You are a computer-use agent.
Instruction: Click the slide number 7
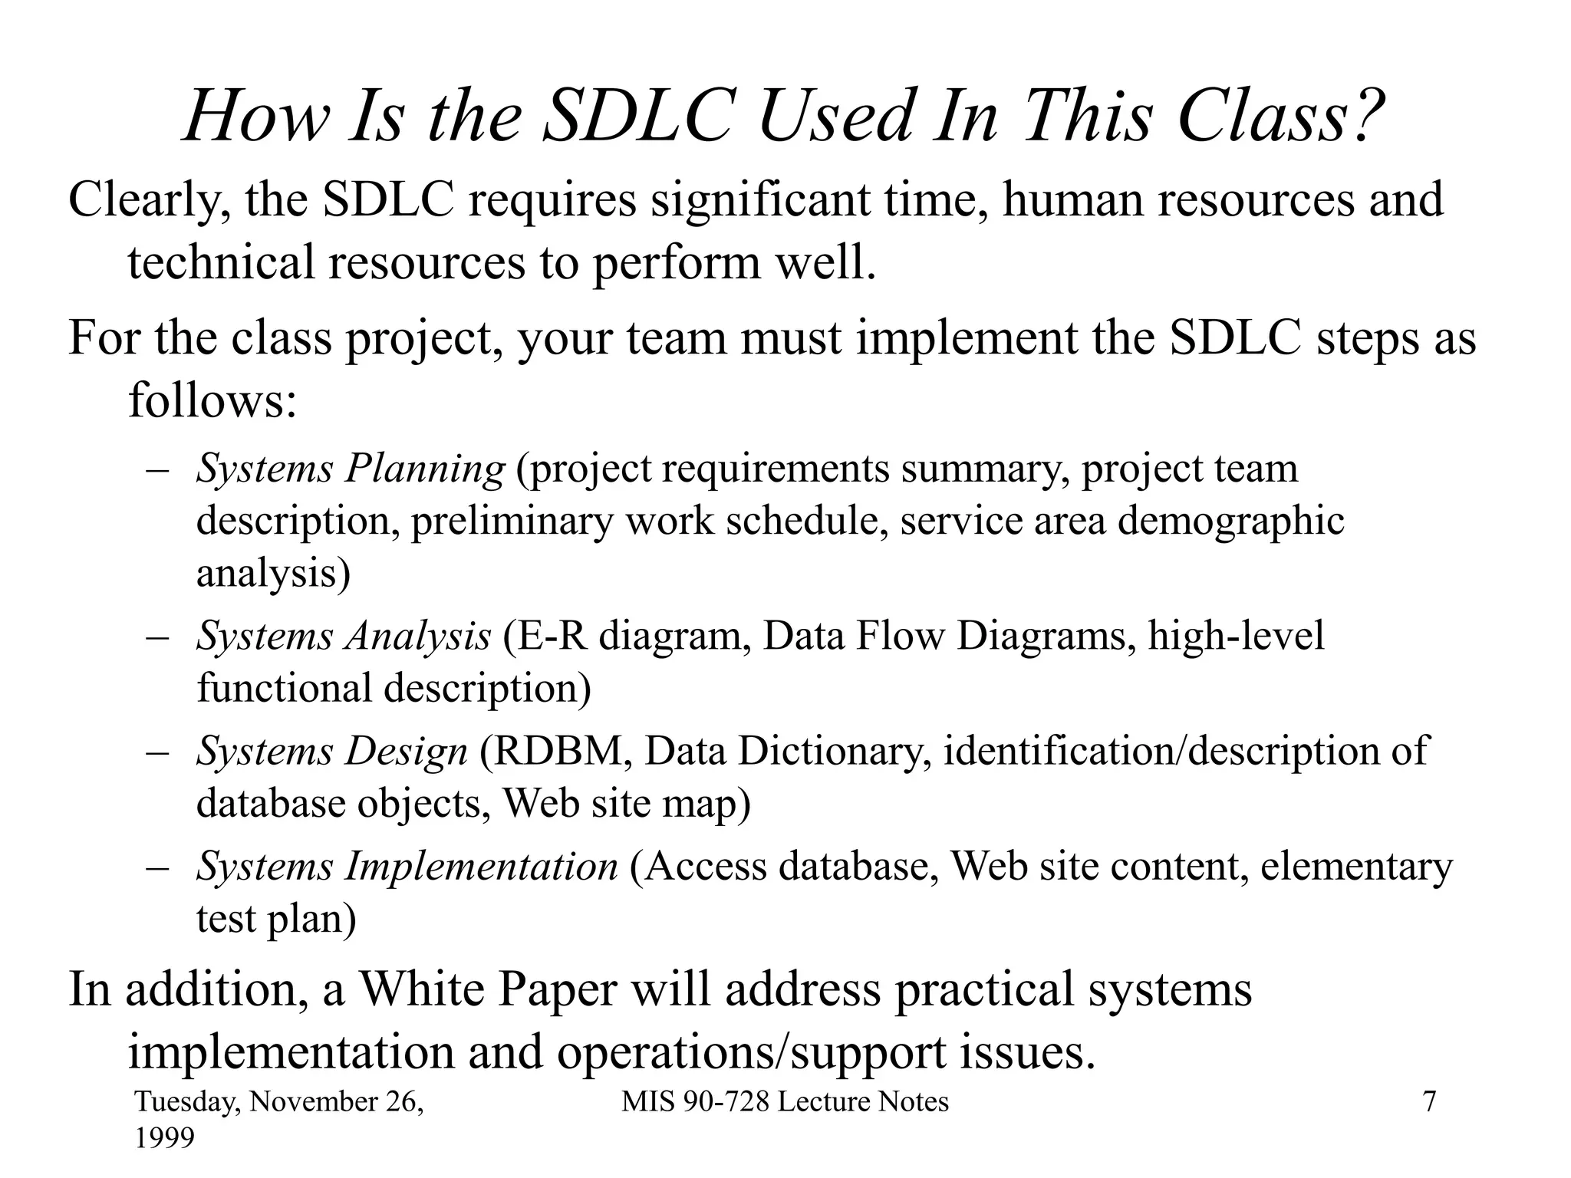tap(1429, 1102)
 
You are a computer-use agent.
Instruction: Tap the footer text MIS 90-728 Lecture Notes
tap(785, 1102)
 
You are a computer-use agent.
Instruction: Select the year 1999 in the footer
tap(164, 1138)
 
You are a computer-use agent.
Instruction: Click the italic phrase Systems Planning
tap(351, 469)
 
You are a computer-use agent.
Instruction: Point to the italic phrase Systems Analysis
tap(343, 636)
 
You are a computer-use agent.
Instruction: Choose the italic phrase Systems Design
tap(331, 751)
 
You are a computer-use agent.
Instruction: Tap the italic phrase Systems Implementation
tap(407, 867)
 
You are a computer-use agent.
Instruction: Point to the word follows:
tap(212, 400)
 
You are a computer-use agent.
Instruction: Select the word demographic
tap(1230, 522)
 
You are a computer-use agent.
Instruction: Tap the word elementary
tap(1356, 867)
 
